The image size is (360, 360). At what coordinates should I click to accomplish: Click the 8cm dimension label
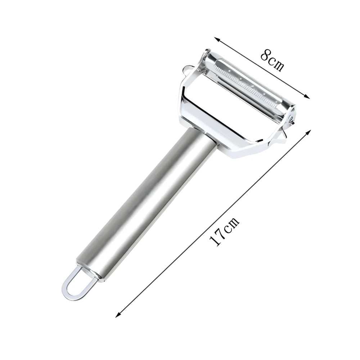tap(272, 60)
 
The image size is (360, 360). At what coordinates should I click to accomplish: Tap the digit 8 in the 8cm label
tap(265, 55)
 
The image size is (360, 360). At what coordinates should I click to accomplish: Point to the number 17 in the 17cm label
tap(217, 238)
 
